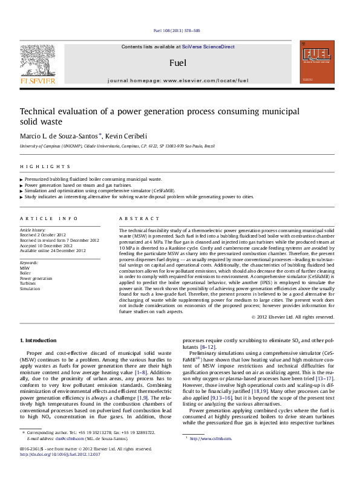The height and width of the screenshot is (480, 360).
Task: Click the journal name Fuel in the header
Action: click(x=178, y=63)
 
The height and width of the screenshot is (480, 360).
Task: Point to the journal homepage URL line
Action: click(x=178, y=80)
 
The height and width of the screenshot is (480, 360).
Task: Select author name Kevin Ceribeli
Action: click(x=128, y=137)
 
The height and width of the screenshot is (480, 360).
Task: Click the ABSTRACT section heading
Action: click(x=140, y=218)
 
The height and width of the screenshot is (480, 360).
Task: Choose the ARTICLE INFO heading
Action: click(x=49, y=218)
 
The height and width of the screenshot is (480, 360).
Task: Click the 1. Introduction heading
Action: click(x=38, y=341)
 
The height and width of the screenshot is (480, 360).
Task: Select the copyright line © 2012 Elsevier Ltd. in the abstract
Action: click(x=292, y=317)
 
